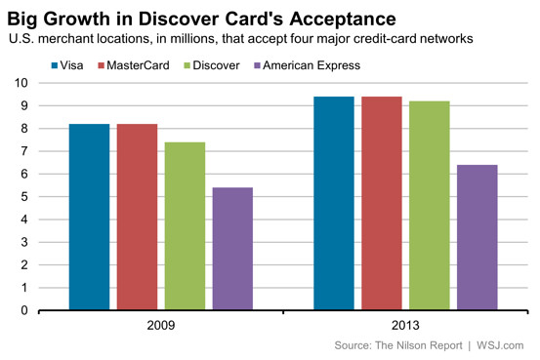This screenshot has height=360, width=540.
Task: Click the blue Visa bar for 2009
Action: (89, 217)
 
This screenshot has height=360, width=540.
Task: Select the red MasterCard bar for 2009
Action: (137, 217)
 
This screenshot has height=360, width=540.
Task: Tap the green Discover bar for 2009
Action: (185, 226)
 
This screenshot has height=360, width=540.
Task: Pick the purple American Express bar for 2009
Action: (232, 249)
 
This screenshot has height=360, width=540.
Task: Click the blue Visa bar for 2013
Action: (334, 203)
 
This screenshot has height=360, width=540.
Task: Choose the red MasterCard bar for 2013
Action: (382, 203)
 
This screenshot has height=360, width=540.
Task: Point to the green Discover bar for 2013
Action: (430, 206)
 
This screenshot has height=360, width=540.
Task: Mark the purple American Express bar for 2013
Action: (478, 237)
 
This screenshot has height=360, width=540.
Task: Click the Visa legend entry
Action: (67, 65)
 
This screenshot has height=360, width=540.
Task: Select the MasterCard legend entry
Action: (134, 65)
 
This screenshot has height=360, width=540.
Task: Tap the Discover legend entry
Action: (212, 65)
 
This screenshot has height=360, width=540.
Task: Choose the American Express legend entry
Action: (308, 65)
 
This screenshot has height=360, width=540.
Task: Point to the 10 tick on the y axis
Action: (21, 83)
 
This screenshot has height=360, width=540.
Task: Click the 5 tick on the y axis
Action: (24, 197)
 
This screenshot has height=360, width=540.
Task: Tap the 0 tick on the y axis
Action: (24, 310)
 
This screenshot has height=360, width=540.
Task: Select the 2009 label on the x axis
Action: (161, 325)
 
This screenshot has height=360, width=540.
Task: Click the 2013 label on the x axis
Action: (405, 325)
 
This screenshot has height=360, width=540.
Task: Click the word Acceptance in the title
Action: (343, 20)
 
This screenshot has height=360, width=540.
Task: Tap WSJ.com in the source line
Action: (500, 345)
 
